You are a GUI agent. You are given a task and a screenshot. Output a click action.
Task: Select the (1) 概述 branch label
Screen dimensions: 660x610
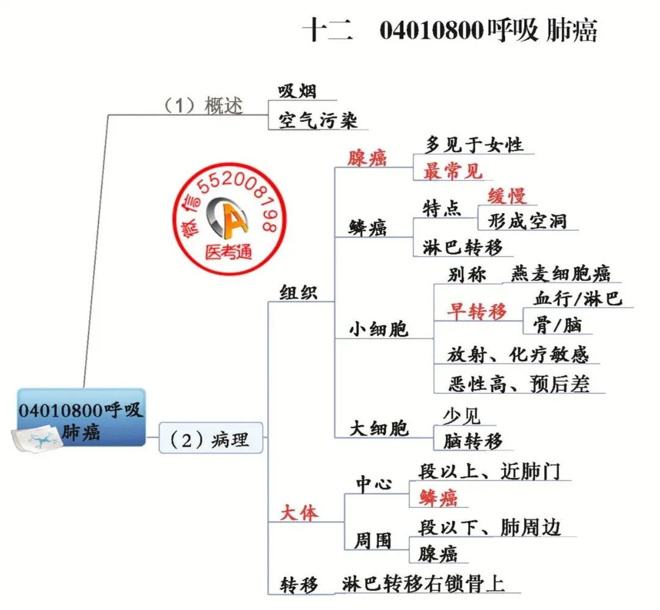coord(203,105)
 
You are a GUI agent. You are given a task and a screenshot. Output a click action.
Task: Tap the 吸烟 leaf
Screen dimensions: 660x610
coord(298,91)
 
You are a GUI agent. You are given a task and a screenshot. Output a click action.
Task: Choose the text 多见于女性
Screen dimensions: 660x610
coord(474,145)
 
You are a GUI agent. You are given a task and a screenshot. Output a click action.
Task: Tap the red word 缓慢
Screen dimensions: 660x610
coord(507,196)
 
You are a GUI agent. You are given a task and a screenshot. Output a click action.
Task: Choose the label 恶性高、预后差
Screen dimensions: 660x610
coord(518,384)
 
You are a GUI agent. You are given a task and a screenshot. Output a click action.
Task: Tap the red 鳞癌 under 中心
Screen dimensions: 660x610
coord(438,499)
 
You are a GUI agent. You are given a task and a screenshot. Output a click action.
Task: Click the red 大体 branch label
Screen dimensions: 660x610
coord(299,513)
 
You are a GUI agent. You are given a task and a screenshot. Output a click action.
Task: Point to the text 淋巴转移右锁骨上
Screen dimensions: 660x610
coord(424,584)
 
